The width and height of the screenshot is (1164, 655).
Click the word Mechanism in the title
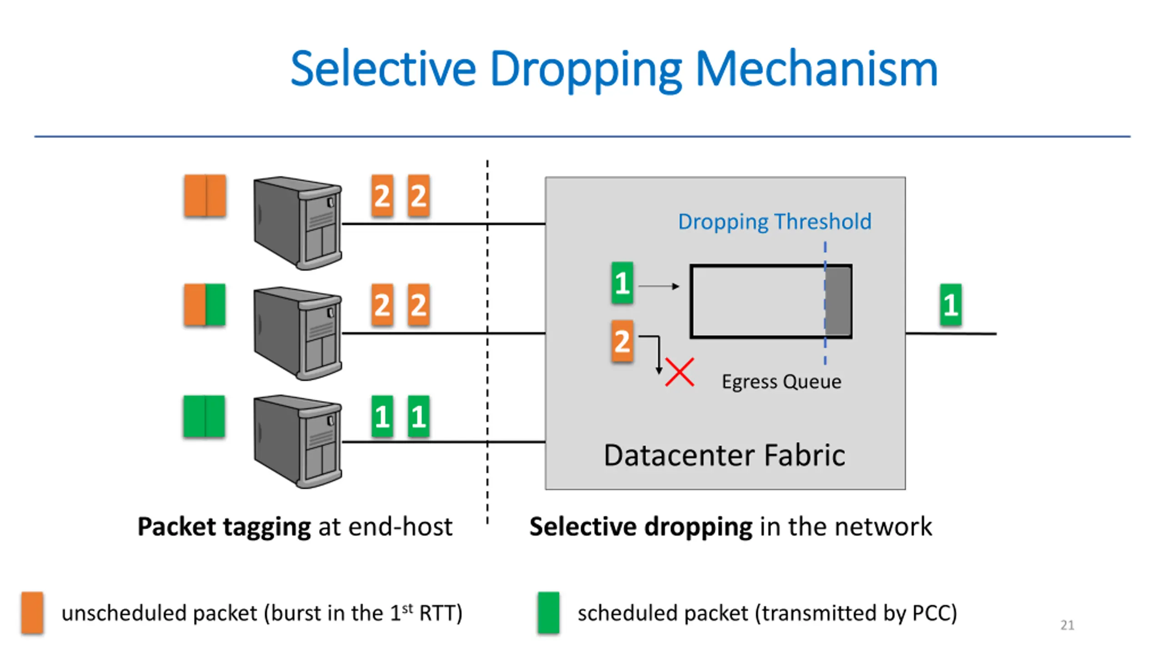[x=816, y=69]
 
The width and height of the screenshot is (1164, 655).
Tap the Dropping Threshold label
[x=774, y=222]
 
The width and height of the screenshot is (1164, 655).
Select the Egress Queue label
[x=781, y=381]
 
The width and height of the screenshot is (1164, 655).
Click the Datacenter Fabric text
[x=724, y=455]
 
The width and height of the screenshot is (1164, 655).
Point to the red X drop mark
[x=679, y=372]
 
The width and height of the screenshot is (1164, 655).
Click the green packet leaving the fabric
[x=951, y=304]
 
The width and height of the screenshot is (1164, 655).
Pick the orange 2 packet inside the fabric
[x=622, y=341]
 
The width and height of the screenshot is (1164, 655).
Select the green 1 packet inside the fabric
[x=622, y=282]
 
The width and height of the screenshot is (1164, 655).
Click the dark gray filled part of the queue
[x=838, y=301]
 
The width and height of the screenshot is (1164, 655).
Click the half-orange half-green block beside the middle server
[x=205, y=304]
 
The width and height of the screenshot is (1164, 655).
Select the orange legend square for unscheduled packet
[x=32, y=612]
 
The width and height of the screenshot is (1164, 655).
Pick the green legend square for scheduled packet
[x=548, y=612]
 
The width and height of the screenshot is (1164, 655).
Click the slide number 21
[x=1067, y=625]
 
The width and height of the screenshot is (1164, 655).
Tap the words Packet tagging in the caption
[x=224, y=527]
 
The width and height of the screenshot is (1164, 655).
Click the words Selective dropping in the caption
[x=641, y=527]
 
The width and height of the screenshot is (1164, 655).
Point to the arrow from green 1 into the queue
[x=659, y=286]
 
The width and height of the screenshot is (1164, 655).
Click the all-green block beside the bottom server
[x=204, y=416]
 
